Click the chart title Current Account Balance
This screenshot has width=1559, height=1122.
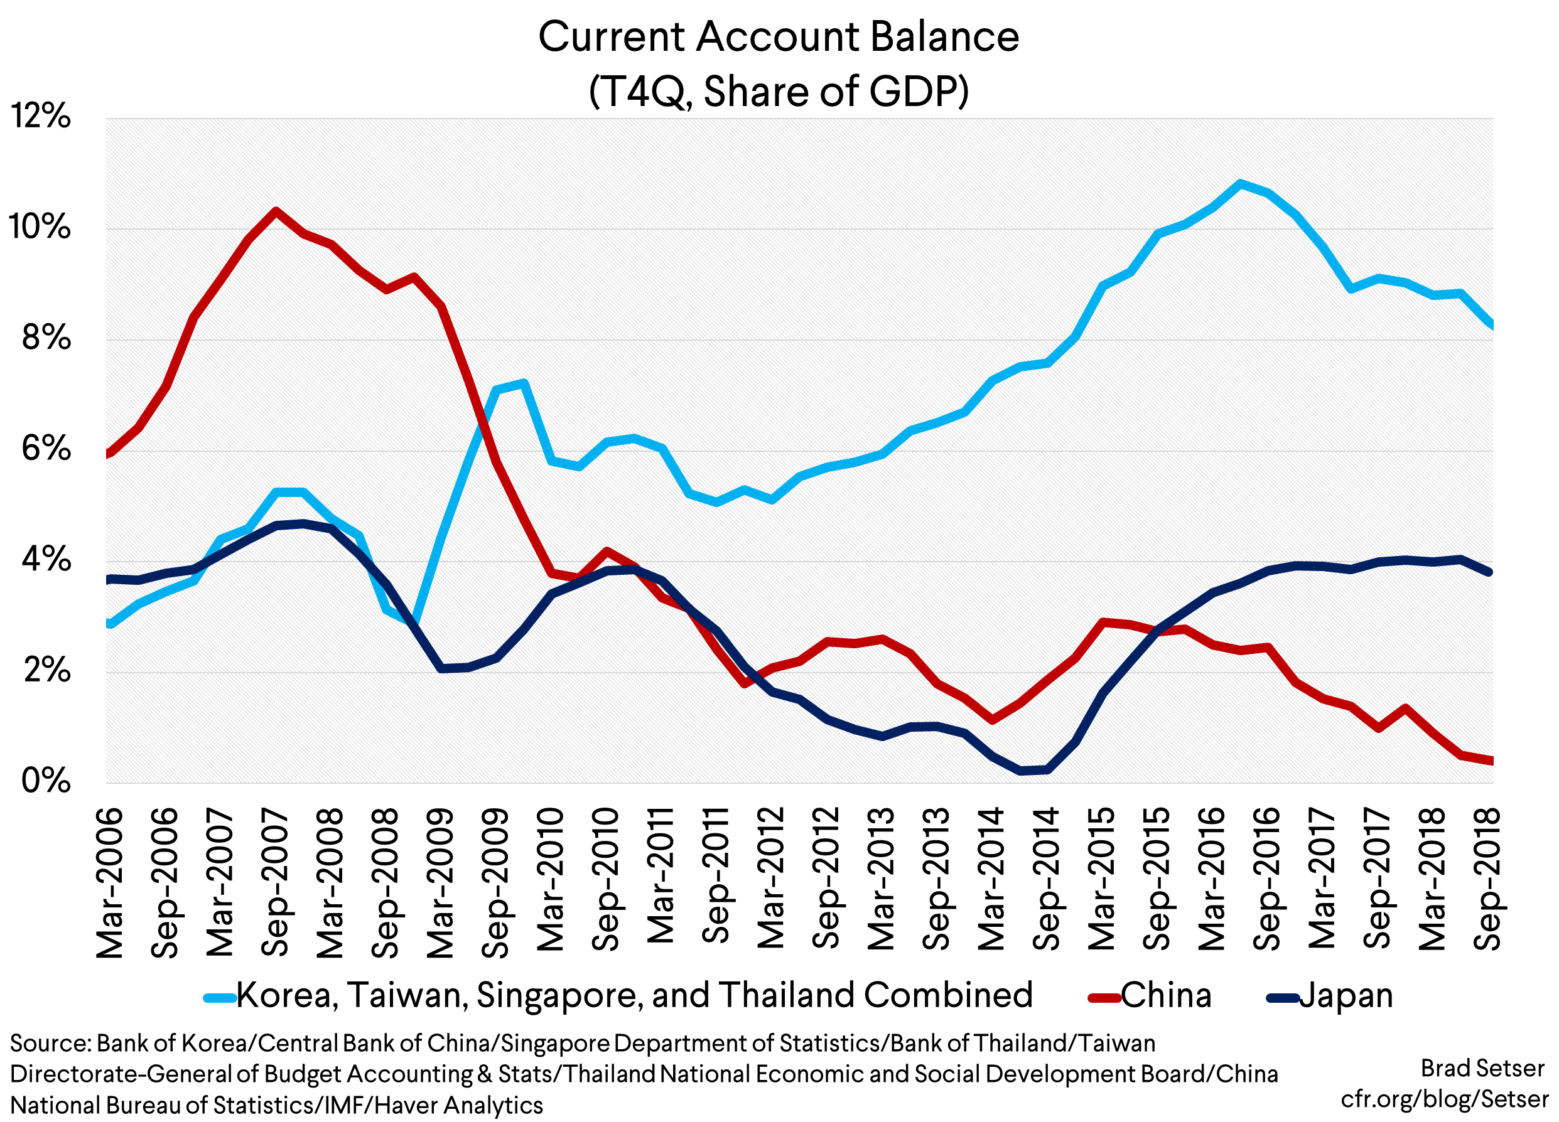(x=778, y=36)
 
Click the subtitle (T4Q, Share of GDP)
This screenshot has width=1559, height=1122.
(x=778, y=92)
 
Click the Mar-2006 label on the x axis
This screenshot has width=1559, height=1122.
(x=110, y=883)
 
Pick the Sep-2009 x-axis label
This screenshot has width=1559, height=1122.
(x=495, y=883)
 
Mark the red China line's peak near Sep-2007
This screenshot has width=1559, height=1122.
(x=276, y=211)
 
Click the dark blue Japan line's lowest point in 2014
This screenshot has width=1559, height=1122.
(x=1020, y=770)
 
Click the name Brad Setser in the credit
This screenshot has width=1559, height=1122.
(x=1482, y=1069)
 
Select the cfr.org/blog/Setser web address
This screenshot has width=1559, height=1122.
(x=1444, y=1099)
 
